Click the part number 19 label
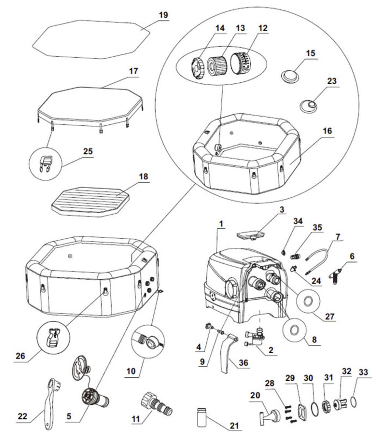pos(163,15)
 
